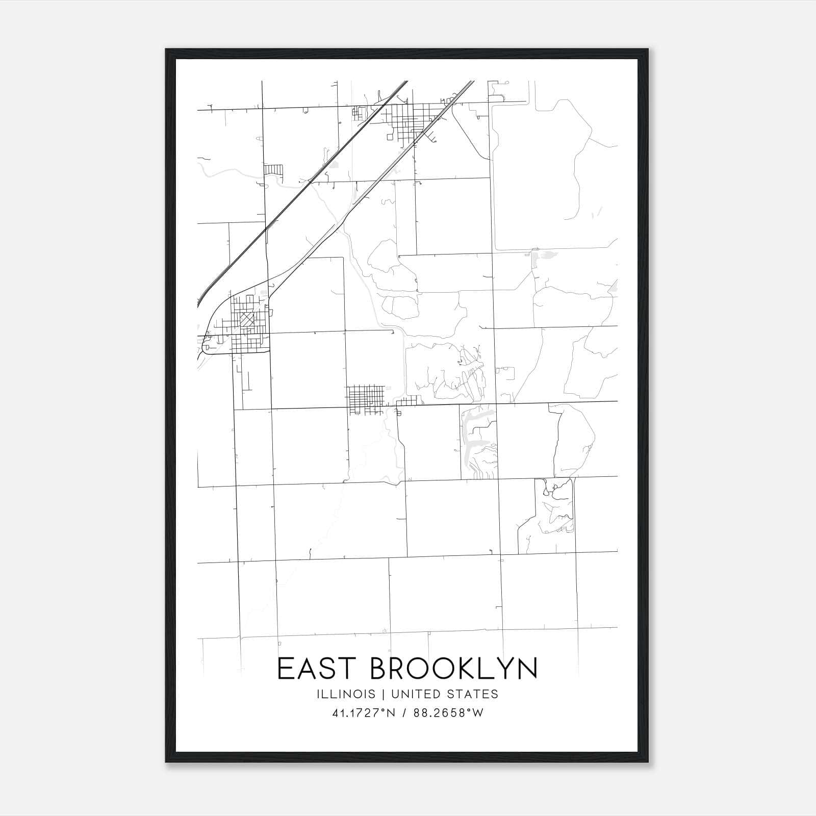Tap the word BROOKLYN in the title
(x=454, y=669)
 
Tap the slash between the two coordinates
(x=404, y=713)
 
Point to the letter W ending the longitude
(x=477, y=713)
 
